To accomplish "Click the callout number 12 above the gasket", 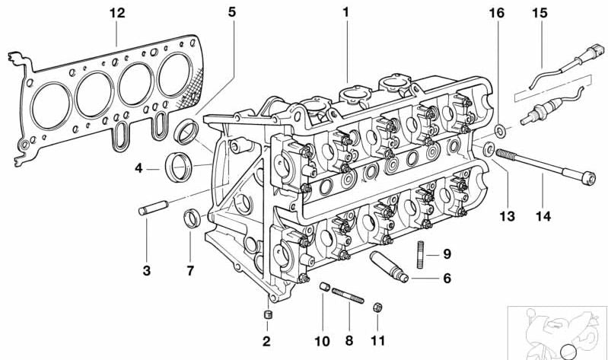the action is coord(117,13).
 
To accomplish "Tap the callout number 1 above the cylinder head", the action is coord(345,12).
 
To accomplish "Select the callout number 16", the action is coord(496,13).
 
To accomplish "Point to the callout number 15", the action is coord(540,13).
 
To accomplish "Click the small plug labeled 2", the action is coord(267,314).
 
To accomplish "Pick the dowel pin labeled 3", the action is coord(153,208).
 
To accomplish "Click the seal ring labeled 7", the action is coord(192,218).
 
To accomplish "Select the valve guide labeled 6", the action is coord(389,267).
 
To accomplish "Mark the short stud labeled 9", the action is coord(420,254).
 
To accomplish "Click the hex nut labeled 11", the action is coord(377,307).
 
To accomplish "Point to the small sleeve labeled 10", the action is coord(325,287).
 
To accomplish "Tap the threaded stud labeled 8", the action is coord(348,295).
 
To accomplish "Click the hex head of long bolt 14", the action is coord(589,178).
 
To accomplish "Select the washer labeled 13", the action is coord(489,149).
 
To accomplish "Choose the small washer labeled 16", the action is coord(500,131).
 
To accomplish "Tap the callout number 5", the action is coord(231,12).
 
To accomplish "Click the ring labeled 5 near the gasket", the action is coord(186,132).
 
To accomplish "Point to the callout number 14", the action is coord(543,216).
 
